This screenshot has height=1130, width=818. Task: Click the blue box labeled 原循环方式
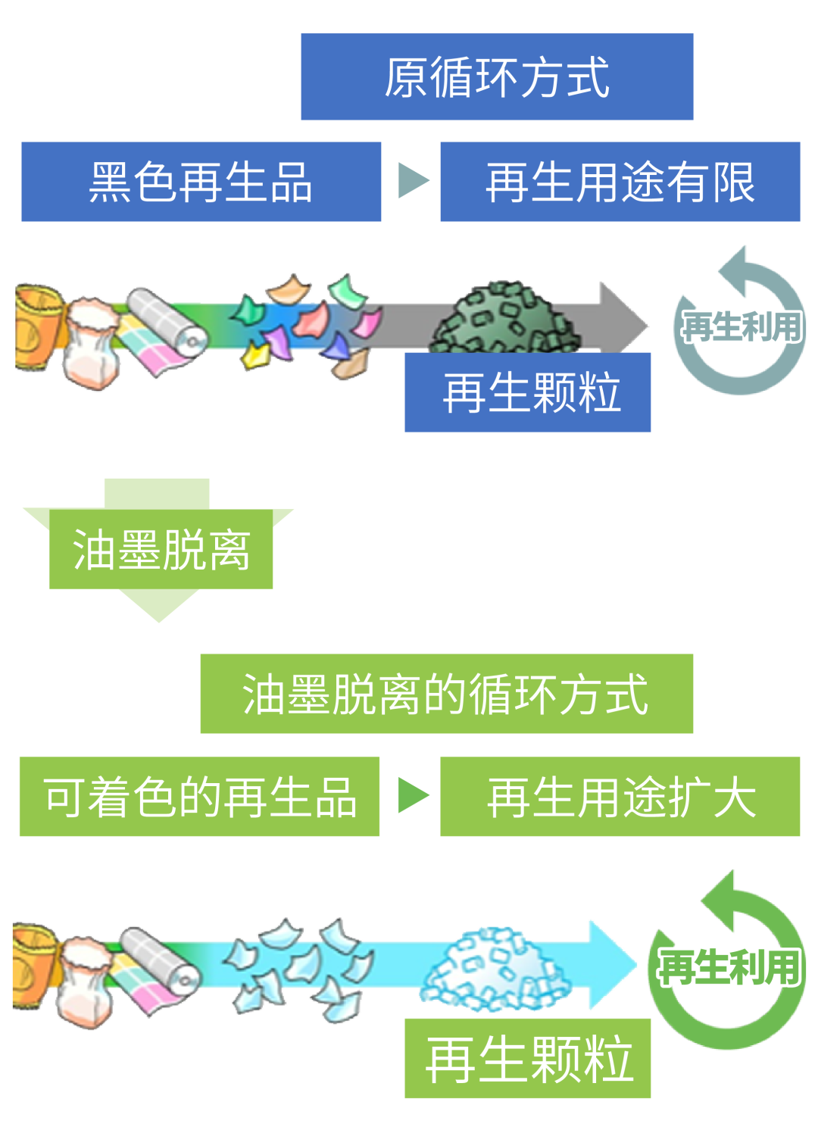[x=497, y=76]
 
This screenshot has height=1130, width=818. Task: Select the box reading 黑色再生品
[x=201, y=182]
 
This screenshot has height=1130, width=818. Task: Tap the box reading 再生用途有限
[x=620, y=182]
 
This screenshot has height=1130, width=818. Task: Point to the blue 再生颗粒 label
[x=528, y=392]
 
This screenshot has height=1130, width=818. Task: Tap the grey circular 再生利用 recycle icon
[x=740, y=326]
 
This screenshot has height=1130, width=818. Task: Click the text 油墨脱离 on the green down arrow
[x=161, y=550]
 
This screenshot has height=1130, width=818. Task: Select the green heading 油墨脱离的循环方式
[x=446, y=694]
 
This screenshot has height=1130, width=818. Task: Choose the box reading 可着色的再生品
[x=199, y=797]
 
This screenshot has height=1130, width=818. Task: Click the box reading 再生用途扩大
[x=620, y=797]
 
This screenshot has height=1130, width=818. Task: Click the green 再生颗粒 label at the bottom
[x=528, y=1058]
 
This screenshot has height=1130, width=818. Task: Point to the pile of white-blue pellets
[x=492, y=969]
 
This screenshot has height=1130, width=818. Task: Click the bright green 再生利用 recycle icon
[x=727, y=966]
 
